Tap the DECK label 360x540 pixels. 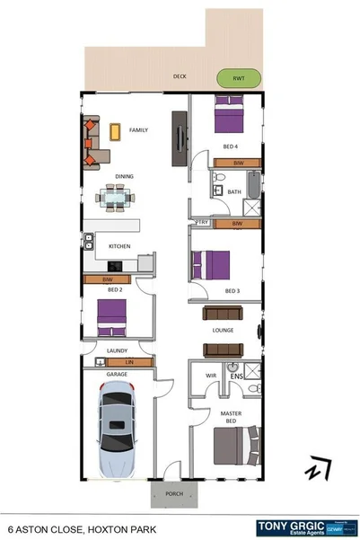180,77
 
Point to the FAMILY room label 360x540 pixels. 138,130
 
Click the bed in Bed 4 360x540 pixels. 227,116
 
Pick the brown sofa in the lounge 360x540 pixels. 223,313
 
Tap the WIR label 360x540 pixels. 211,376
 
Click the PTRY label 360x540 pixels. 202,222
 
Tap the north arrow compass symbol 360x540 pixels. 317,468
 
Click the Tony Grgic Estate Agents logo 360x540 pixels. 306,527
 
